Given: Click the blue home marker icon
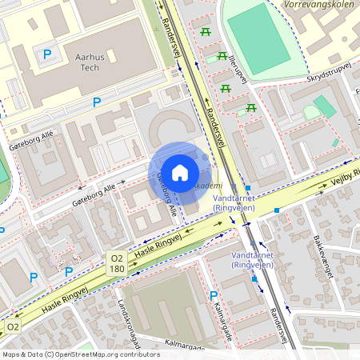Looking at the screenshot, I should [x=180, y=172].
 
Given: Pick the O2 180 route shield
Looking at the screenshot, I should [x=117, y=263].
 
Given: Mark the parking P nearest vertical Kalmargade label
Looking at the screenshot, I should [x=214, y=296].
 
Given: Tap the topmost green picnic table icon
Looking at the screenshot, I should [x=206, y=32].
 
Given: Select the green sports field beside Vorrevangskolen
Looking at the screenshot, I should [x=259, y=32].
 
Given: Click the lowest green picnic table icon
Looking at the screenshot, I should [x=251, y=107].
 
